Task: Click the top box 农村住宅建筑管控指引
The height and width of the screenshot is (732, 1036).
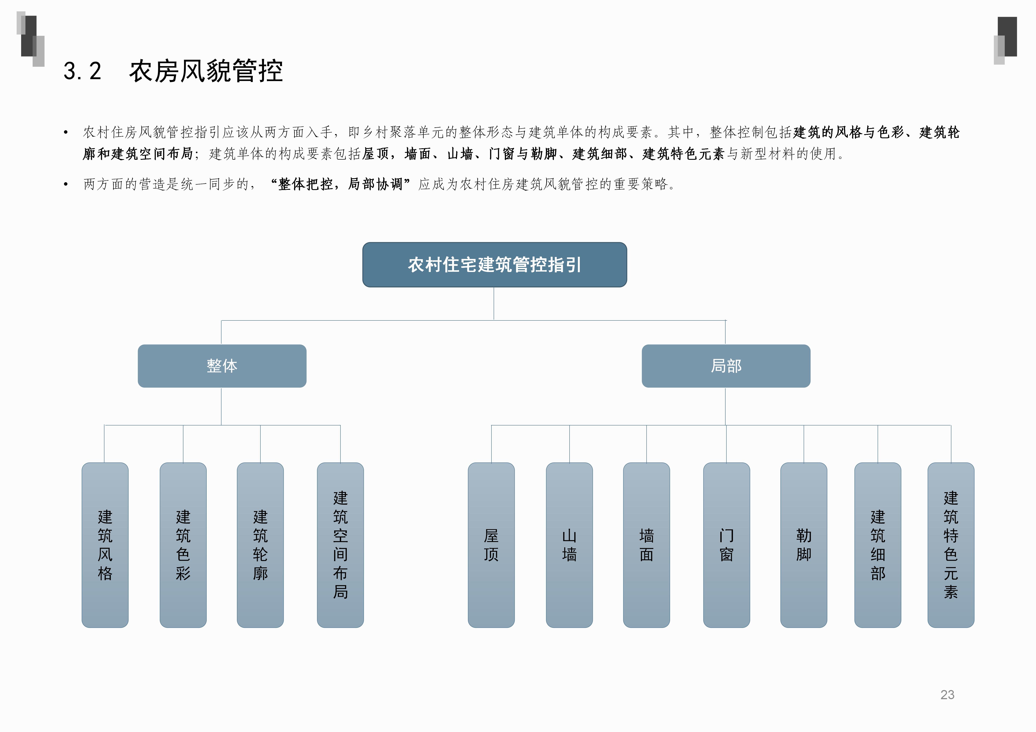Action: point(495,265)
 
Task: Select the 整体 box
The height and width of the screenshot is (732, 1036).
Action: point(222,366)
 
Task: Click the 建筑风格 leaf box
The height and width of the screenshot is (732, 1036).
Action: point(105,545)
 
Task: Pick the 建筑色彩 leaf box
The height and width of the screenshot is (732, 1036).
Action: point(183,545)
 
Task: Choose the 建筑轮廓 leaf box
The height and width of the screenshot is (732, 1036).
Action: point(260,545)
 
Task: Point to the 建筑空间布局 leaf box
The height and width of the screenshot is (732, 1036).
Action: point(340,545)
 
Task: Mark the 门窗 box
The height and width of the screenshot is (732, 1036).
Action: point(726,545)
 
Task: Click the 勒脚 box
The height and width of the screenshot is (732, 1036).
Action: point(804,545)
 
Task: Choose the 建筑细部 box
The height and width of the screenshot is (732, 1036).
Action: point(878,545)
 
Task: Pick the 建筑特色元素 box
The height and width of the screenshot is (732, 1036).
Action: point(951,545)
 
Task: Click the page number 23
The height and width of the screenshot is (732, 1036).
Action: point(947,695)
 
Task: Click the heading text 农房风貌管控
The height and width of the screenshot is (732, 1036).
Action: point(206,71)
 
